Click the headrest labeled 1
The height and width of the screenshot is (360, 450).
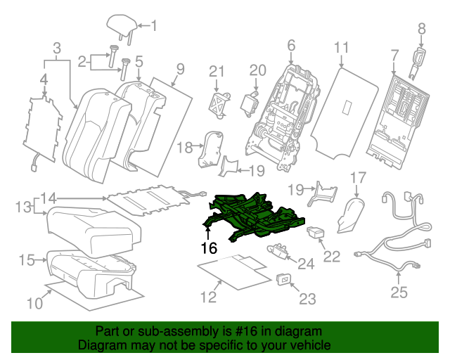[x=121, y=25]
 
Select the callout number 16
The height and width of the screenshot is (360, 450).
[x=208, y=247]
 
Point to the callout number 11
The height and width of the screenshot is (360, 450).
[x=341, y=48]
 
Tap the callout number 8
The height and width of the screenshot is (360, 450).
[x=422, y=28]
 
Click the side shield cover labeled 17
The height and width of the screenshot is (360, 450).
[x=351, y=215]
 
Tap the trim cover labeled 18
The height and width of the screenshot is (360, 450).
[x=211, y=149]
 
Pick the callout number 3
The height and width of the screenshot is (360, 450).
[x=56, y=48]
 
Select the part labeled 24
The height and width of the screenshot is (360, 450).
[x=279, y=248]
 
